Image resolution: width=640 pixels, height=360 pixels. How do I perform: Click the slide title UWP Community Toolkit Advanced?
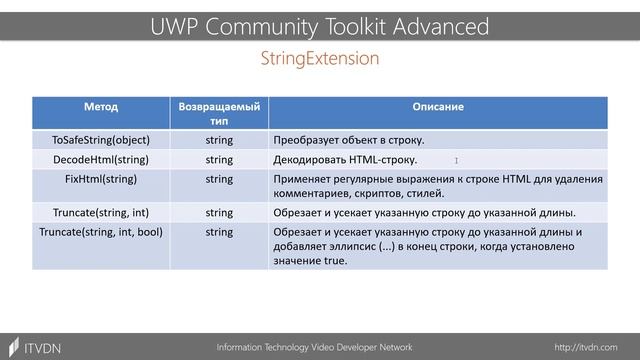pyautogui.click(x=319, y=25)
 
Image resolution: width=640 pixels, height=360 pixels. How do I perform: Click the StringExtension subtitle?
pyautogui.click(x=319, y=59)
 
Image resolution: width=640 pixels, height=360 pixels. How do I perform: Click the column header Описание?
pyautogui.click(x=438, y=106)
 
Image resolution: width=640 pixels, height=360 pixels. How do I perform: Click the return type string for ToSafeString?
pyautogui.click(x=219, y=140)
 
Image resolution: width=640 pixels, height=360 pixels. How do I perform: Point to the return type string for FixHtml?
pyautogui.click(x=219, y=178)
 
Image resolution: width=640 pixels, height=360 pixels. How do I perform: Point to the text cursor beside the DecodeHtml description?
pyautogui.click(x=456, y=160)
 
